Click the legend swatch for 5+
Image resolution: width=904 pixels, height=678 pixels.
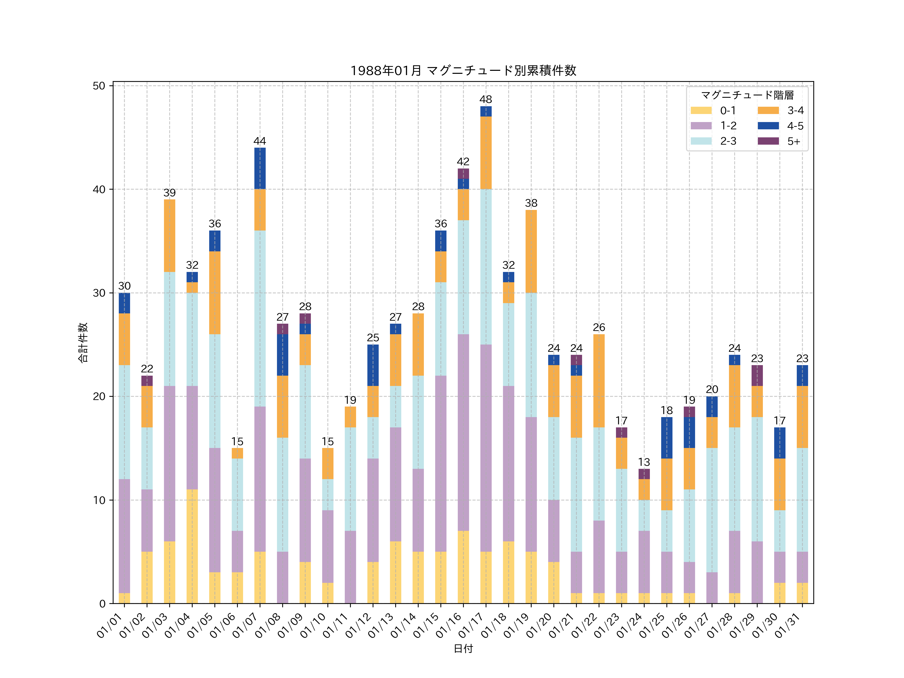click(x=768, y=141)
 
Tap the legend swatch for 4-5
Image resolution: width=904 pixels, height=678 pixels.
click(x=768, y=126)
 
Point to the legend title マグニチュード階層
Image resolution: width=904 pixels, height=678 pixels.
click(x=747, y=95)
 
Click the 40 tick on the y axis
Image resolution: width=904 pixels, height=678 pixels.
click(x=99, y=190)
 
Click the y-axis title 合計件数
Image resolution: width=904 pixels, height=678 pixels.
click(x=83, y=343)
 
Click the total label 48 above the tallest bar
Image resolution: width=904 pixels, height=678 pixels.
click(x=485, y=99)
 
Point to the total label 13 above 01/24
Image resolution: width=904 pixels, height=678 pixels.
click(x=644, y=462)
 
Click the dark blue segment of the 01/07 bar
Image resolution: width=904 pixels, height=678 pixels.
click(x=260, y=168)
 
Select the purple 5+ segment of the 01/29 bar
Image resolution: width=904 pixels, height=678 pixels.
click(x=757, y=376)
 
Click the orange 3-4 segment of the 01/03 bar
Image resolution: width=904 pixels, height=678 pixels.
click(x=169, y=236)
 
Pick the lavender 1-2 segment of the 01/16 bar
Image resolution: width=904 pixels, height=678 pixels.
click(x=463, y=432)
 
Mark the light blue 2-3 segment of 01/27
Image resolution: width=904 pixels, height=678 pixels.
click(x=711, y=510)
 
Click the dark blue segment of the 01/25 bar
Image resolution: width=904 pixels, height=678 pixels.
click(x=666, y=438)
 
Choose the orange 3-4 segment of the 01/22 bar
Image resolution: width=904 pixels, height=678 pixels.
click(x=599, y=381)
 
